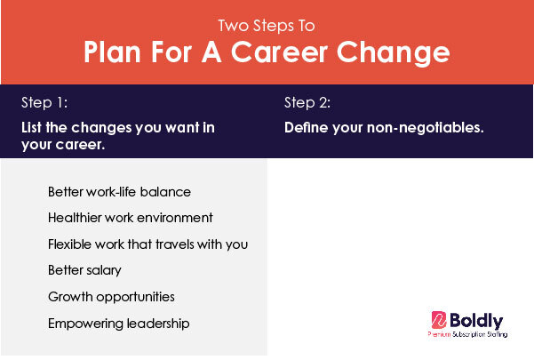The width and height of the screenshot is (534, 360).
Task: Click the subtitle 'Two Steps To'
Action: point(267,26)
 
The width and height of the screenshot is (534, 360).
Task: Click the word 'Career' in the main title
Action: point(279,52)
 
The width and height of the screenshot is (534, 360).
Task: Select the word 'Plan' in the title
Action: point(112,52)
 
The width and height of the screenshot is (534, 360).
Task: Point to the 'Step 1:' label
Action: point(44,102)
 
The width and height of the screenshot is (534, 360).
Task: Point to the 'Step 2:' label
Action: point(307,102)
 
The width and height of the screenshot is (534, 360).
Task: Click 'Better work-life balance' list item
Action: point(119,192)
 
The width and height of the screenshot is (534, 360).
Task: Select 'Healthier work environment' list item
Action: point(131,218)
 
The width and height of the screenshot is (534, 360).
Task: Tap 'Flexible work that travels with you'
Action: point(147,244)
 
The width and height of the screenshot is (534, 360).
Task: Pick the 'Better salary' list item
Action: point(84,270)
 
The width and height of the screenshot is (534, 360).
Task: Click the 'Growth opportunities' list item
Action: point(111,297)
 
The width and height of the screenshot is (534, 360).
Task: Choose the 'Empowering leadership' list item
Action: point(119,324)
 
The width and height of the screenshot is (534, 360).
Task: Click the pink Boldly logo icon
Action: point(439,320)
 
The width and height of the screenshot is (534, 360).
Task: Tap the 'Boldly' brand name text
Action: point(476,321)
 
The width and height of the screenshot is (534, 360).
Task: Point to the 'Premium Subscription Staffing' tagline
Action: point(467,334)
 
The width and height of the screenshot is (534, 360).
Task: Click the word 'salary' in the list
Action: point(104,271)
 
